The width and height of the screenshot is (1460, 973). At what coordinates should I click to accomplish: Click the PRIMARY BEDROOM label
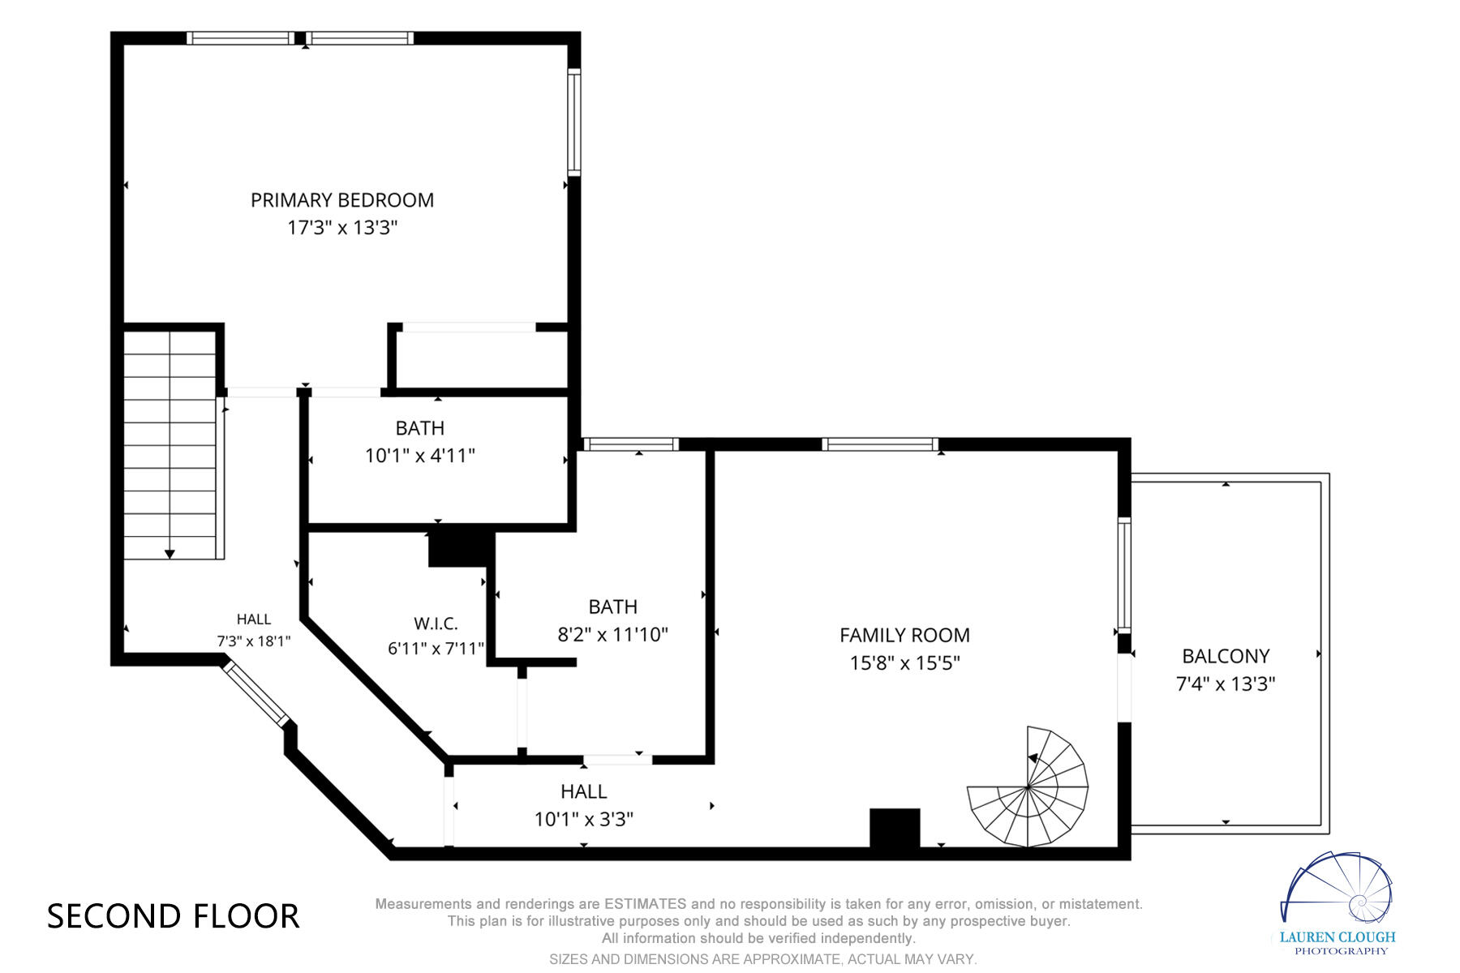(342, 200)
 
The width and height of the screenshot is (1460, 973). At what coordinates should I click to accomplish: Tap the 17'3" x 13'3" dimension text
(342, 228)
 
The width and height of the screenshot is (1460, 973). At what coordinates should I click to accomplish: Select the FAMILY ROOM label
(904, 636)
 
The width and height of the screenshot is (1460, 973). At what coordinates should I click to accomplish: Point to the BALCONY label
(1226, 656)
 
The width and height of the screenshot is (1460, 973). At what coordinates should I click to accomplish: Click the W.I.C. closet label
(436, 624)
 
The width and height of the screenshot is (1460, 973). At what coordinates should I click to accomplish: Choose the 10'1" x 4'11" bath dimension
(420, 456)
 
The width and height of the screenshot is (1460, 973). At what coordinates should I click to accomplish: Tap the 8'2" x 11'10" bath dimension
(612, 634)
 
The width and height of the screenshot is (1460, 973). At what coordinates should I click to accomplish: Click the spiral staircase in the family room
(1028, 787)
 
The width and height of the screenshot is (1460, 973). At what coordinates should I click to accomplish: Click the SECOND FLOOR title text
(174, 916)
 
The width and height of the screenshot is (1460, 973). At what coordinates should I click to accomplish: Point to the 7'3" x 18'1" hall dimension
(254, 641)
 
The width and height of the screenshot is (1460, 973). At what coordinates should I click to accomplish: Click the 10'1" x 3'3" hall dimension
(584, 819)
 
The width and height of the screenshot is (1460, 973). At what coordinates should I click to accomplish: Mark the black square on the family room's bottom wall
(895, 828)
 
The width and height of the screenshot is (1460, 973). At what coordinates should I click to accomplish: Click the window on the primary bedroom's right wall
(573, 122)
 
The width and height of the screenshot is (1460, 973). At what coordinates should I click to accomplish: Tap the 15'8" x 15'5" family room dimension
(904, 663)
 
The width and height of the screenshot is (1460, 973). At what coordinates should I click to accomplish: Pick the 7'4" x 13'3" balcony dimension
(1226, 684)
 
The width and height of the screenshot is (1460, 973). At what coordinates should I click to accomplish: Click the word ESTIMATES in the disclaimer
(646, 903)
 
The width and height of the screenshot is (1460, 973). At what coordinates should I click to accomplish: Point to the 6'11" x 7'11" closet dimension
(436, 649)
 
